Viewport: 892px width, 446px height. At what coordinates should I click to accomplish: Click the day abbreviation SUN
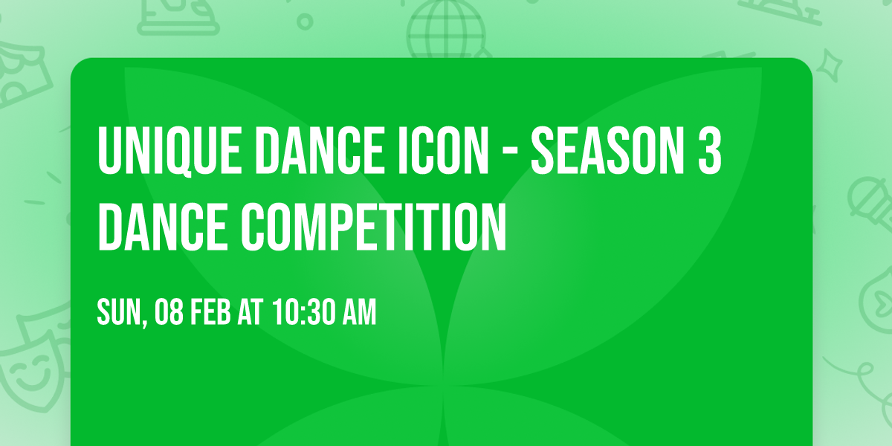click(117, 312)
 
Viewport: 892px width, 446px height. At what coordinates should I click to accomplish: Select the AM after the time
click(359, 312)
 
